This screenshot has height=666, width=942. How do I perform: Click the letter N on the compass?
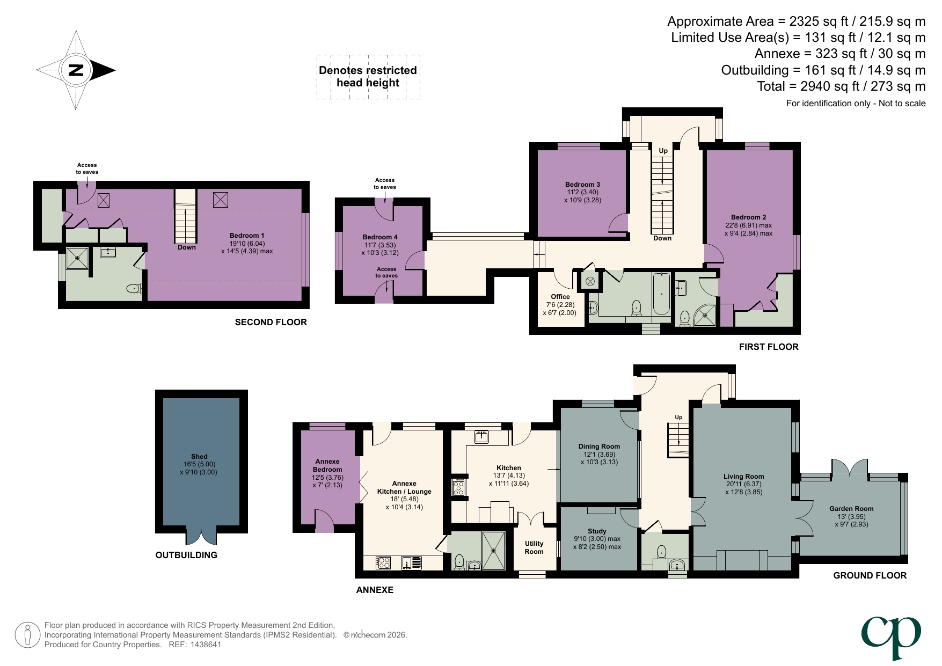pos(76,70)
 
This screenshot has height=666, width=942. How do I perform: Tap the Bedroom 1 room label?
pos(246,236)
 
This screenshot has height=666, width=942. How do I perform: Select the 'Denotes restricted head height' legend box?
pos(368,77)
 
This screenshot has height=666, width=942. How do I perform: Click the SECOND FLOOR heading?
pos(271,322)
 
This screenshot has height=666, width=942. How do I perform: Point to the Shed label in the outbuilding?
pos(199,457)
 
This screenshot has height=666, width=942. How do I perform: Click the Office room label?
pos(560,297)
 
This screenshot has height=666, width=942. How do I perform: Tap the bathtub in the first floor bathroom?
pos(661,294)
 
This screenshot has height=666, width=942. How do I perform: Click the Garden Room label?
pos(851,509)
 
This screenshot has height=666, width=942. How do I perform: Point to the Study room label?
pos(597,531)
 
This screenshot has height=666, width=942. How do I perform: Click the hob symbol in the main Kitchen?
pos(458,487)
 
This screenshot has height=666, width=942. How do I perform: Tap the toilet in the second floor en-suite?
pos(134,289)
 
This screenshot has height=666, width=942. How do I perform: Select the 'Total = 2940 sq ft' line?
pos(841,86)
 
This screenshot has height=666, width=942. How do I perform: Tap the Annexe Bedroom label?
pos(327,465)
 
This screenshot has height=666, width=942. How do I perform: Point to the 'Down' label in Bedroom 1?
pos(186,247)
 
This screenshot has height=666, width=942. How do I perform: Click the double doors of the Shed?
pos(201,537)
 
